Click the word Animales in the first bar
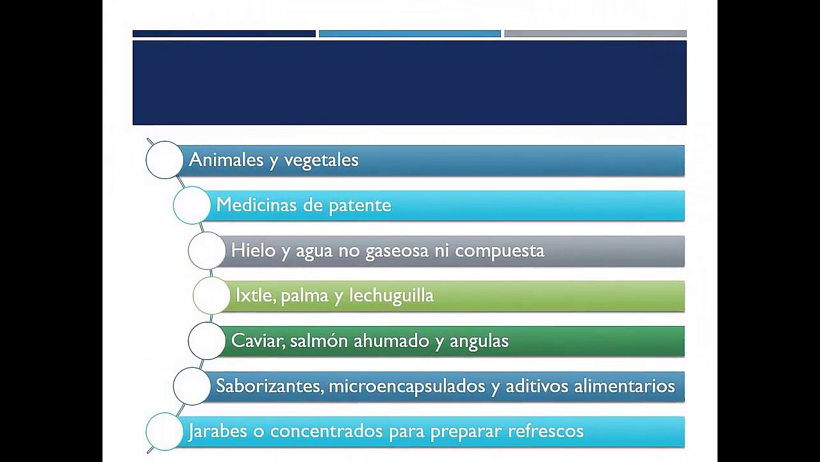(x=226, y=160)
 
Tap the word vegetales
(x=322, y=160)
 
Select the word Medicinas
(x=256, y=205)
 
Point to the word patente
(x=360, y=206)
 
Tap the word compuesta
(x=500, y=252)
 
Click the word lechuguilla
(x=391, y=296)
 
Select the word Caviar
(x=258, y=341)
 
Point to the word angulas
(x=479, y=341)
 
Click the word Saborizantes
(x=270, y=386)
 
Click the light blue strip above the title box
(x=410, y=34)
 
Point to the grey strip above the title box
(x=596, y=34)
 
